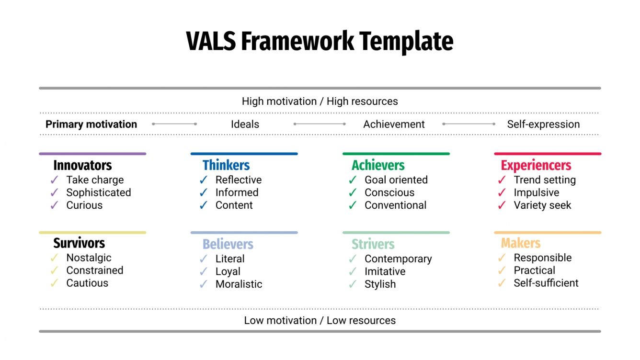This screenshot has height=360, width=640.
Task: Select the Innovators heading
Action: pos(82,166)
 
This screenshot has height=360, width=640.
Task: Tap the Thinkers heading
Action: pos(226,166)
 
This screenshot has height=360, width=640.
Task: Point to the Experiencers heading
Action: pos(536,166)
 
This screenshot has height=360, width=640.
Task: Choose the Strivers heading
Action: pos(373,244)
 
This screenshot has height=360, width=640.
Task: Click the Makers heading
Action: pos(521,243)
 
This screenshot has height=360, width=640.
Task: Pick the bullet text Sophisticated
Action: pos(99,192)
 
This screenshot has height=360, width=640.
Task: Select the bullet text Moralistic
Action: pos(239,284)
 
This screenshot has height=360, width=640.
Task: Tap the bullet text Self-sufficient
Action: pos(546,283)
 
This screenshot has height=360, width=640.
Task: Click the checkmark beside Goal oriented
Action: pos(353,180)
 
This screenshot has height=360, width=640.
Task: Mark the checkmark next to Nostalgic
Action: pos(55,258)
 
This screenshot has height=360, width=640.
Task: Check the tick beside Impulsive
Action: pos(502,192)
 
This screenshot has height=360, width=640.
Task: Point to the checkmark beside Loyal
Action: pos(204,271)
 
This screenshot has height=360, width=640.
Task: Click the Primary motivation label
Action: pos(91,124)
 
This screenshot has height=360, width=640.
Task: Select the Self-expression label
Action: pos(543,124)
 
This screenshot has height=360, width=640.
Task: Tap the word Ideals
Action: pos(245,124)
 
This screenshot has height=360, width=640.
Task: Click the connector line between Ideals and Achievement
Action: pos(320,124)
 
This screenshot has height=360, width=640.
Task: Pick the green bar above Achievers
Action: pos(396,154)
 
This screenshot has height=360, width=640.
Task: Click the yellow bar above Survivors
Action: pos(92,233)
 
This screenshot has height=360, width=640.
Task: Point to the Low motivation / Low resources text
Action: pos(320,320)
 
